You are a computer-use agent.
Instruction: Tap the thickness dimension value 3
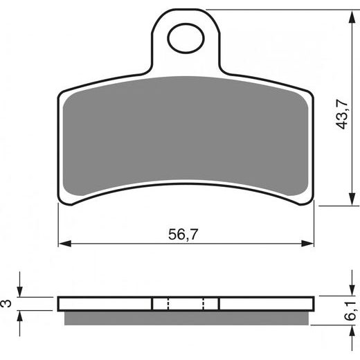click(6, 303)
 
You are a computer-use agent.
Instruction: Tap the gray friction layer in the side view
click(186, 318)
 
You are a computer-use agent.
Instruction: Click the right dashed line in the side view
click(203, 304)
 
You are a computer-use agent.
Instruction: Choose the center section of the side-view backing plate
click(186, 304)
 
